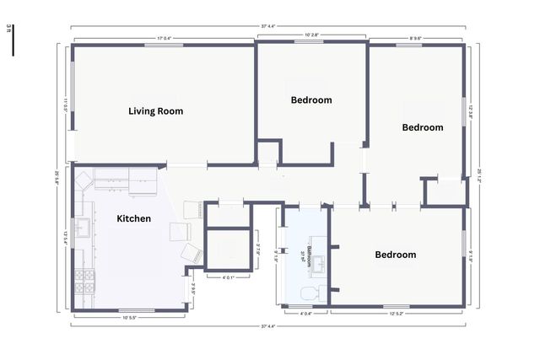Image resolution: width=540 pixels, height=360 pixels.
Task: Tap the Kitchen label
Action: (x=133, y=218)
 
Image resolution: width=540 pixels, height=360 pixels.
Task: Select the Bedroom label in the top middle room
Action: (x=311, y=99)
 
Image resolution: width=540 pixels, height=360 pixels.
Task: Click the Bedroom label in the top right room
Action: (x=422, y=127)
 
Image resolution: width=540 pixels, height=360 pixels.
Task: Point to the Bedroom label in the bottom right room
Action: (x=395, y=254)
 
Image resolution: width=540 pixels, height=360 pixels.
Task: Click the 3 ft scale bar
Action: (x=12, y=42)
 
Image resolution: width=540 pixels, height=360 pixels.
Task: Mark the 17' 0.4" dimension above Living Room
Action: (x=164, y=37)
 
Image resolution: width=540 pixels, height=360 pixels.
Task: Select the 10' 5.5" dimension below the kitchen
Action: (x=129, y=317)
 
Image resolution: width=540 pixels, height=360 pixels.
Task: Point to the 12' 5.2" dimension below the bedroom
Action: (x=397, y=313)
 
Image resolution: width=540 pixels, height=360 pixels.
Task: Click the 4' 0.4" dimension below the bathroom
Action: (x=307, y=313)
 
